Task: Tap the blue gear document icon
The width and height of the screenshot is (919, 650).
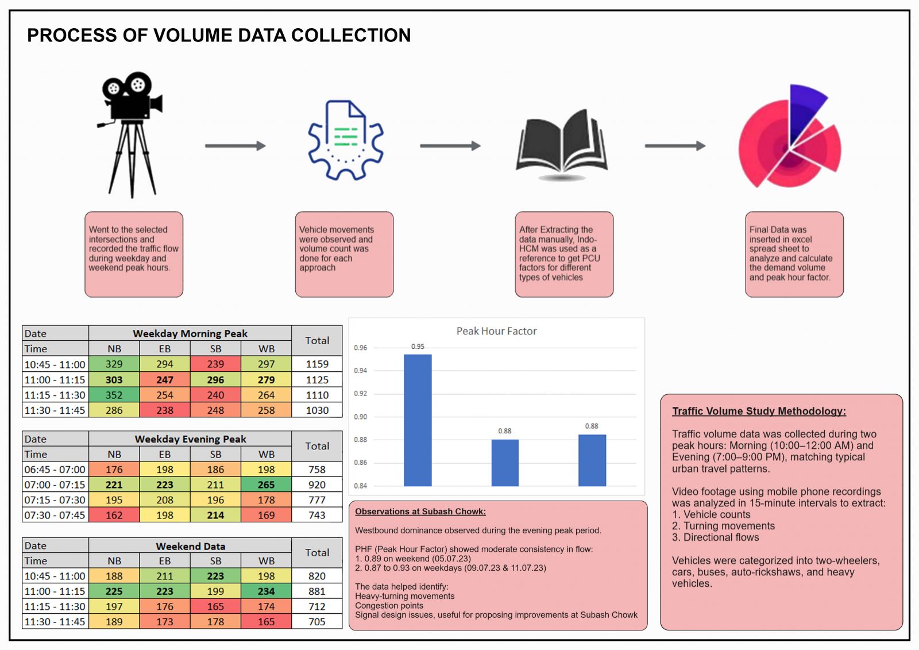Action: tap(345, 140)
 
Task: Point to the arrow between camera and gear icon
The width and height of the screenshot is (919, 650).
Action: tap(235, 145)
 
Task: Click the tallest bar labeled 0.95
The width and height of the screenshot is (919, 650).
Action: tap(418, 420)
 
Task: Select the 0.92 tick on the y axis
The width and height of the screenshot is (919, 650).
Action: tap(360, 393)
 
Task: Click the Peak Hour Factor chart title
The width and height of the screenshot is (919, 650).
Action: tap(496, 331)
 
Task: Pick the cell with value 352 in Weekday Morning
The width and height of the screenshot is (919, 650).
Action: tap(114, 395)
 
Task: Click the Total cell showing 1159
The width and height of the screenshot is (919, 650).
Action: tap(317, 364)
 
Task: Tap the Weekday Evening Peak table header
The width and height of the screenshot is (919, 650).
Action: tap(190, 439)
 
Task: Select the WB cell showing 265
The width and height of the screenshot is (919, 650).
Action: tap(267, 484)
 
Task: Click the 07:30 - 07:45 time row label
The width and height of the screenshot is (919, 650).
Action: tap(55, 515)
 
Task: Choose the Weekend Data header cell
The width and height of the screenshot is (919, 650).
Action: tap(190, 546)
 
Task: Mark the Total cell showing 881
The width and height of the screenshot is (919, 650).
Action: tap(317, 591)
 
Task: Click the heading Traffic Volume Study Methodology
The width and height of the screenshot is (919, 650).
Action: tap(759, 411)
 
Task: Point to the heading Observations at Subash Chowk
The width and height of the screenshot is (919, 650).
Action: tap(420, 511)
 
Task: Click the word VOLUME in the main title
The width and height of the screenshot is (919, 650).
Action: tap(192, 35)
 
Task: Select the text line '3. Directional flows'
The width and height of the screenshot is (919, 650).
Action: tap(716, 537)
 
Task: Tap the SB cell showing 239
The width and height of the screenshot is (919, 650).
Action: tap(215, 364)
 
